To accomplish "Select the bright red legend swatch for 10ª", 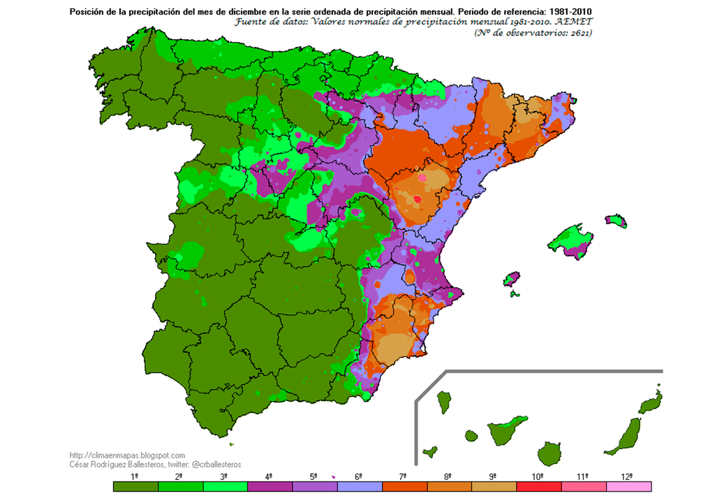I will [x=538, y=486].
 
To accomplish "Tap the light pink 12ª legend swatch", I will [x=628, y=486].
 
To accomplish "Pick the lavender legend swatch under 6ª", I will [x=359, y=486].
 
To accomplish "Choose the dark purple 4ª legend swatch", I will [x=270, y=486].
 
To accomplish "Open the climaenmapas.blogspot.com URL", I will [x=128, y=455].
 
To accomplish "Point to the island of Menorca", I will [x=617, y=221].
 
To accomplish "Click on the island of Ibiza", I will [x=512, y=279].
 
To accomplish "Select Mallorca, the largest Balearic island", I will [x=571, y=240].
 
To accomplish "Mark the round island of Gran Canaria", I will [x=551, y=454].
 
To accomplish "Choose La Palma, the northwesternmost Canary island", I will [x=443, y=402].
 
